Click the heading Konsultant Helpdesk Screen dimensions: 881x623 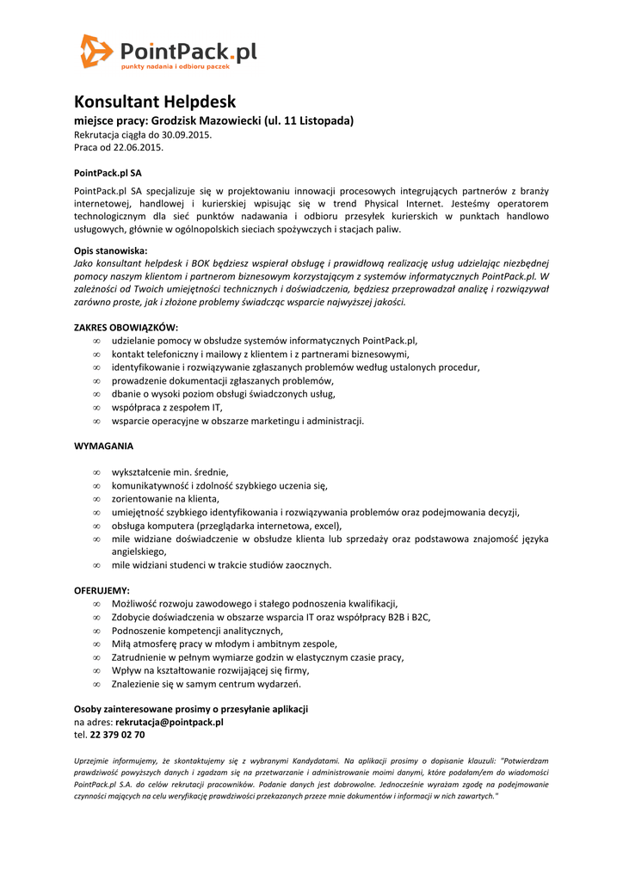pos(155,102)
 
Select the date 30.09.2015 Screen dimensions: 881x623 pos(187,134)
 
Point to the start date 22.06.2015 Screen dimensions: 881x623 pos(138,147)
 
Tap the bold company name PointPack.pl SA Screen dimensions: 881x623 pos(108,173)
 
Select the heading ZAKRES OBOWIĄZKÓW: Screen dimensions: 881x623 pos(126,327)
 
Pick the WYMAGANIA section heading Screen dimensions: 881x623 pos(104,447)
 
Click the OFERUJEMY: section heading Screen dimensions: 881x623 pos(102,590)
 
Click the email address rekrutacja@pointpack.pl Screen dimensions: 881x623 pos(170,722)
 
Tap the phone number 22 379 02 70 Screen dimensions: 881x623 pos(117,735)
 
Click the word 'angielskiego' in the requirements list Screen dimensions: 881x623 pos(139,551)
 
